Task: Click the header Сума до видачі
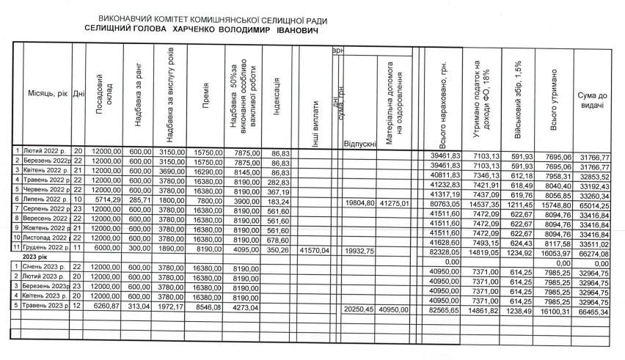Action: (x=591, y=102)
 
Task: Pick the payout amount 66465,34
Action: (x=593, y=312)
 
